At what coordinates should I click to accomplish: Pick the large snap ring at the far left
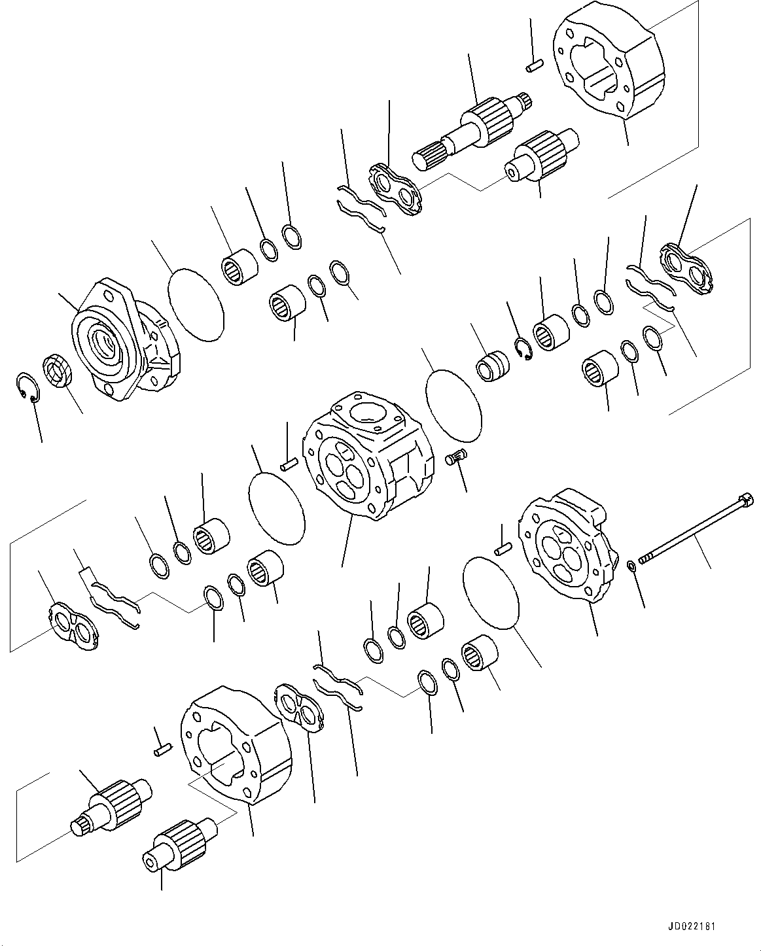[28, 389]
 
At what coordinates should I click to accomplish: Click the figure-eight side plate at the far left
[73, 625]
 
